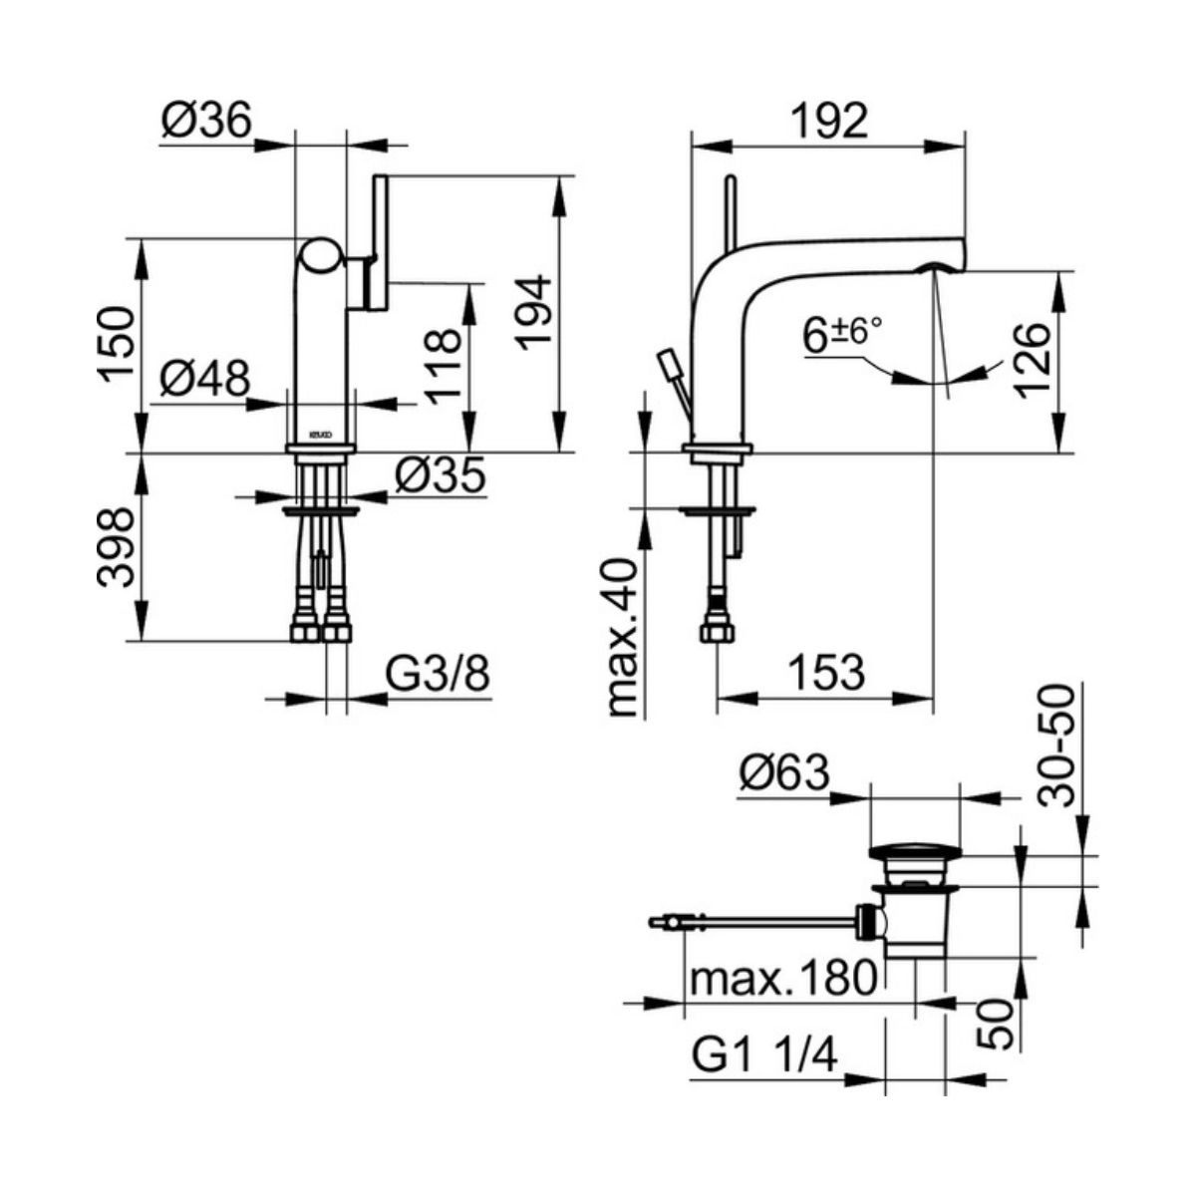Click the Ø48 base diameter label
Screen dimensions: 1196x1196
(205, 378)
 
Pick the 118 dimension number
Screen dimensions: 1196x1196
(445, 368)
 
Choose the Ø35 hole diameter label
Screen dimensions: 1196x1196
(440, 476)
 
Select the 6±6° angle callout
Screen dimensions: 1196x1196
(842, 335)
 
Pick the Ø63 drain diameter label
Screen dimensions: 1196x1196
(784, 774)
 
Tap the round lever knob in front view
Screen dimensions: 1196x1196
(322, 256)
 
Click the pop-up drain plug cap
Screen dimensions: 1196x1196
(916, 852)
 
